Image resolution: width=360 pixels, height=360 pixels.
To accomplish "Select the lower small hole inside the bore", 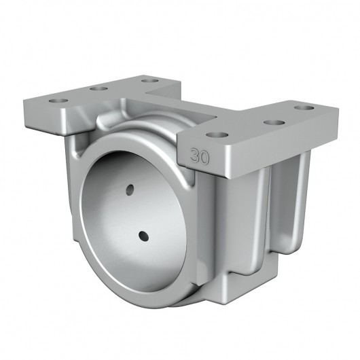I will pyautogui.click(x=143, y=236).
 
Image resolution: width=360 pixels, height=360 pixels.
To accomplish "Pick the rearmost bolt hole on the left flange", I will pyautogui.click(x=145, y=81).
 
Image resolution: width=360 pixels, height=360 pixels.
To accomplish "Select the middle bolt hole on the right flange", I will pyautogui.click(x=272, y=122).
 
